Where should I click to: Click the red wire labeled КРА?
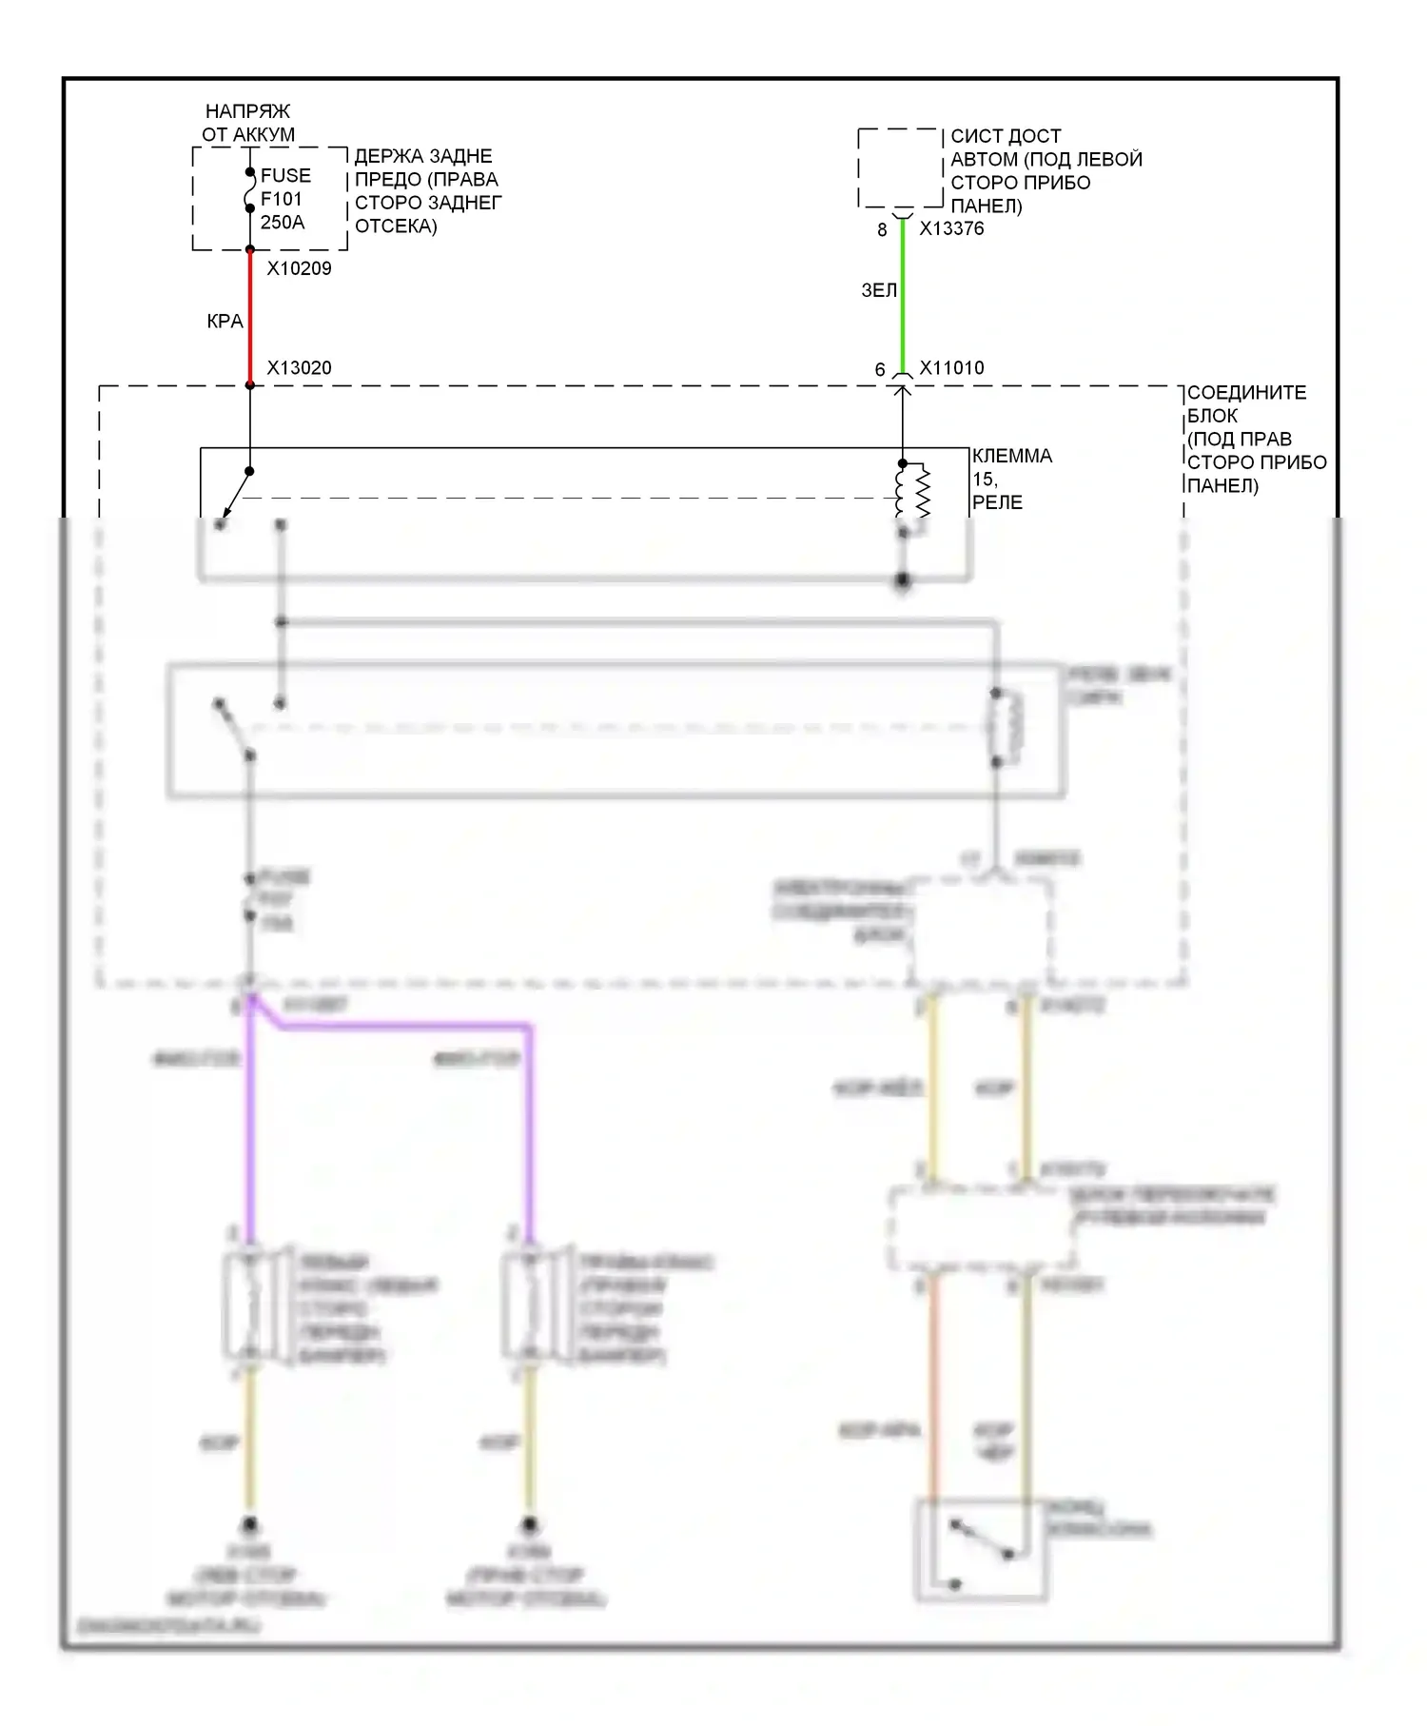click(x=250, y=319)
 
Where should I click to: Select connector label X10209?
click(x=299, y=268)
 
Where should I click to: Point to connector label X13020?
click(x=299, y=368)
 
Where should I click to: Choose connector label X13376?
click(x=951, y=228)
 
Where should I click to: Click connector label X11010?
click(x=951, y=368)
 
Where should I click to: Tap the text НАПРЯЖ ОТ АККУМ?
click(x=248, y=123)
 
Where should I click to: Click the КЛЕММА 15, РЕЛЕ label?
click(x=1011, y=479)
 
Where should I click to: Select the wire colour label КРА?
click(x=225, y=322)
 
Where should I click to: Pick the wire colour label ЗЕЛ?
click(x=878, y=290)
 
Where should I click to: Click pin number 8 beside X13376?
click(x=882, y=229)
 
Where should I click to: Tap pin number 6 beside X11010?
click(x=880, y=369)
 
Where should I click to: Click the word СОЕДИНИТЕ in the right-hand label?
click(x=1246, y=392)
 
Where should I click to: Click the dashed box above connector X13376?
click(x=900, y=168)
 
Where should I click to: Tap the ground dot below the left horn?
click(x=249, y=1524)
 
